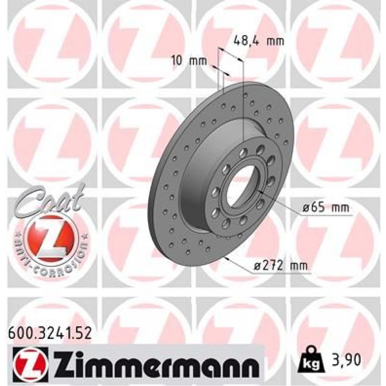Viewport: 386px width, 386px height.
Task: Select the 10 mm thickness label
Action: click(x=189, y=61)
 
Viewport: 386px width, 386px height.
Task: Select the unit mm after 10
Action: click(x=199, y=61)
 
